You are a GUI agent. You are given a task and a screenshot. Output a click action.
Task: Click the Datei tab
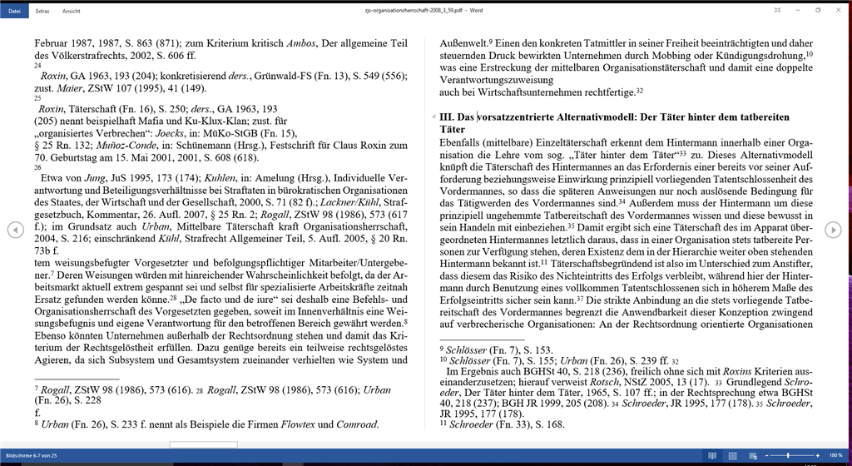[x=14, y=11]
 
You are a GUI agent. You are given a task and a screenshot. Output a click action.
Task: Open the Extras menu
[x=41, y=11]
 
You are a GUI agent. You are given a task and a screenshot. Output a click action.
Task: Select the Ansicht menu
[x=71, y=11]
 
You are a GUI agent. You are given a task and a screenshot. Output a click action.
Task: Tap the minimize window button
[x=796, y=10]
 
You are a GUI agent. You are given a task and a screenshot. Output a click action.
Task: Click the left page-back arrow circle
[x=15, y=230]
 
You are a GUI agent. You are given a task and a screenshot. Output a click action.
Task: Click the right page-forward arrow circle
[x=833, y=230]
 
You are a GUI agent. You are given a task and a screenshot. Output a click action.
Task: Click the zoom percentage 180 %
[x=835, y=456]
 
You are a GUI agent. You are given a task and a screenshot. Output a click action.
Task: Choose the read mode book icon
[x=711, y=456]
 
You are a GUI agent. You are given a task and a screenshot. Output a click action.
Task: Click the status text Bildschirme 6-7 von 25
[x=32, y=457]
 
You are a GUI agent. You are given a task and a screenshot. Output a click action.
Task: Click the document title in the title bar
[x=425, y=10]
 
